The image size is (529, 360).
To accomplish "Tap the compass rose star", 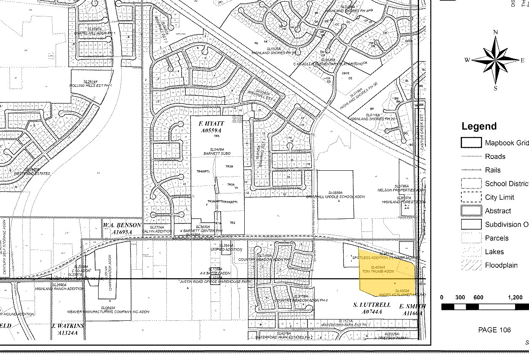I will [x=496, y=60].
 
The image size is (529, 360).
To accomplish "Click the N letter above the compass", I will [x=496, y=32].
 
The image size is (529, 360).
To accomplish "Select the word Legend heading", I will [x=479, y=126].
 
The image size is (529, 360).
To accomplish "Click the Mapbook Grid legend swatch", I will [x=471, y=143].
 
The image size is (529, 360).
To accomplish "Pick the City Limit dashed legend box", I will [x=471, y=197].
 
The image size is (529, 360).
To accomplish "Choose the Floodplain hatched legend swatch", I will [x=471, y=266].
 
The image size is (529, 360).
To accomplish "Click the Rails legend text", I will [x=493, y=170].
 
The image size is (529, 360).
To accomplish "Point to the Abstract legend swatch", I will [x=471, y=211].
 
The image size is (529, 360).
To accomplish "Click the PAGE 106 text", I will [x=494, y=330].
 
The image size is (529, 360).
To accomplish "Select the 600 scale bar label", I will [x=478, y=298].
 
